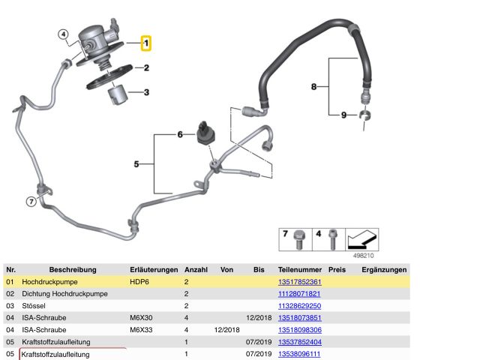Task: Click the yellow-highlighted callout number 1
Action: coord(146,43)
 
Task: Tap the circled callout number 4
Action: coord(63,34)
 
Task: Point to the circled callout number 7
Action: coord(31,201)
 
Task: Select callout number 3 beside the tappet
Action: coord(147,93)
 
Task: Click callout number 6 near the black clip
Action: coord(180,135)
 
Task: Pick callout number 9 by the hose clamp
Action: coord(343,115)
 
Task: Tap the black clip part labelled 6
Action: coord(204,130)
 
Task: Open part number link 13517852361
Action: coord(298,281)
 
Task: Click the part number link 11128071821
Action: coord(298,293)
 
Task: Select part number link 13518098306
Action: coord(298,329)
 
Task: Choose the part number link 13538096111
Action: coord(298,353)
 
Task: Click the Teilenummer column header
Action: coord(299,269)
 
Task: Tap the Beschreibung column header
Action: coord(73,269)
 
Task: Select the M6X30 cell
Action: coord(142,317)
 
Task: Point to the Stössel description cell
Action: coord(34,305)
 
